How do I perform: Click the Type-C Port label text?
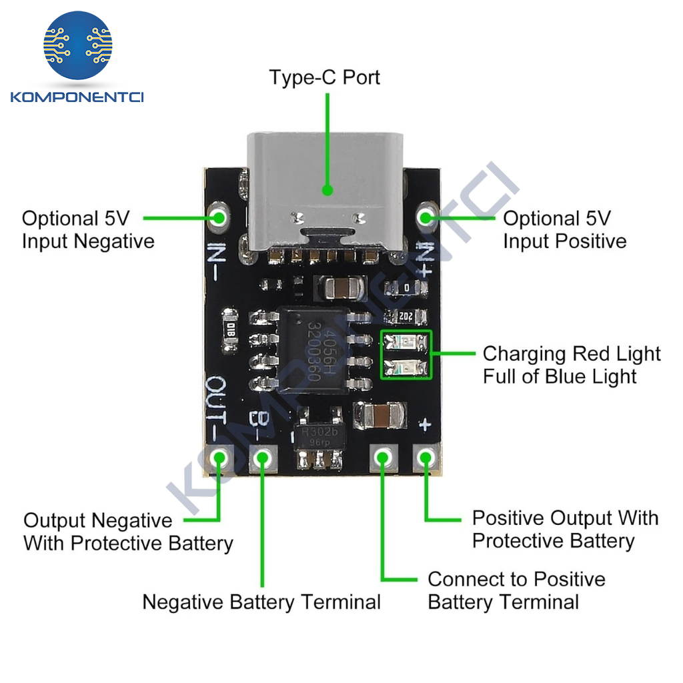324,77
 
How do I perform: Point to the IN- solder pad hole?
219,217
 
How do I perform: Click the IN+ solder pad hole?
426,217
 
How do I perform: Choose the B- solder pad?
262,458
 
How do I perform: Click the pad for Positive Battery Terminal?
382,458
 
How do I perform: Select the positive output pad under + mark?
426,458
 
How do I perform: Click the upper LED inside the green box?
406,344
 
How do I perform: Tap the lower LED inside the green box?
406,366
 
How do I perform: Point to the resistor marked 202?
406,316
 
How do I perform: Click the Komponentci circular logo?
78,45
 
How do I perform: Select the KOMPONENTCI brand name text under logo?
77,97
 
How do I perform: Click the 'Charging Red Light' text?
572,354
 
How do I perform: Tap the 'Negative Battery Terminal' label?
261,602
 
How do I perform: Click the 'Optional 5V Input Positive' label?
564,229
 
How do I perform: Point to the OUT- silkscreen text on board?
217,407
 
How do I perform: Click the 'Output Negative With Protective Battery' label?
128,532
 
